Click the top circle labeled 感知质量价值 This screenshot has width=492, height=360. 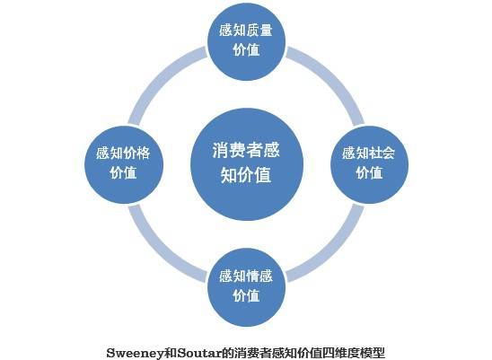(246, 41)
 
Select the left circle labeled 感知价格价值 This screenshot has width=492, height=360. (124, 164)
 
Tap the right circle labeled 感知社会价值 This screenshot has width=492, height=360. (370, 164)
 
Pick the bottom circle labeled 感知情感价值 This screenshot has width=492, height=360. (246, 287)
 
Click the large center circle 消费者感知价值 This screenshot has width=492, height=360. (247, 164)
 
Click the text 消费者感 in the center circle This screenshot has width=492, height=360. (246, 150)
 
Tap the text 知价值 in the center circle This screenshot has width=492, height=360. (246, 175)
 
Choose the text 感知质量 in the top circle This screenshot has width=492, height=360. (246, 31)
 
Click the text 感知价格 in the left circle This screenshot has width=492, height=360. (123, 154)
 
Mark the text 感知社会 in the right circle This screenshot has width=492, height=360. (369, 154)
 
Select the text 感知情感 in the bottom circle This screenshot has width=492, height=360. (246, 277)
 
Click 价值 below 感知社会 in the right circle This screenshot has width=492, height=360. (369, 173)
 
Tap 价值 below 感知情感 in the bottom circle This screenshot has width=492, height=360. (246, 295)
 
